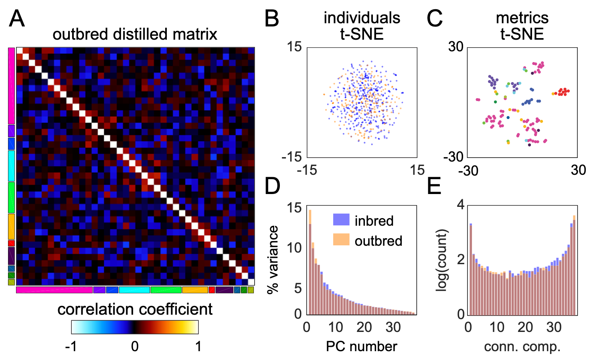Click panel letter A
[16, 19]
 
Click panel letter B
[272, 19]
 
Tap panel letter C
[435, 19]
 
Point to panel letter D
[273, 186]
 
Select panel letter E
[434, 186]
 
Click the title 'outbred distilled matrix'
[135, 34]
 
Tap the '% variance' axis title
[273, 259]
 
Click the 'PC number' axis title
[361, 346]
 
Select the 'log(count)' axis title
[441, 260]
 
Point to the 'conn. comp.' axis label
[522, 346]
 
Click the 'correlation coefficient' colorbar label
[135, 309]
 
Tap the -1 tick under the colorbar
[71, 346]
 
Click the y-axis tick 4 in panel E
[461, 205]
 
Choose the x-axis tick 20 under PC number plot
[364, 328]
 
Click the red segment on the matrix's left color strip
[11, 243]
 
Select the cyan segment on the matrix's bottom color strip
[134, 290]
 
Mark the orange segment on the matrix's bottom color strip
[195, 290]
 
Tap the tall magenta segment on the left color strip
[11, 86]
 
